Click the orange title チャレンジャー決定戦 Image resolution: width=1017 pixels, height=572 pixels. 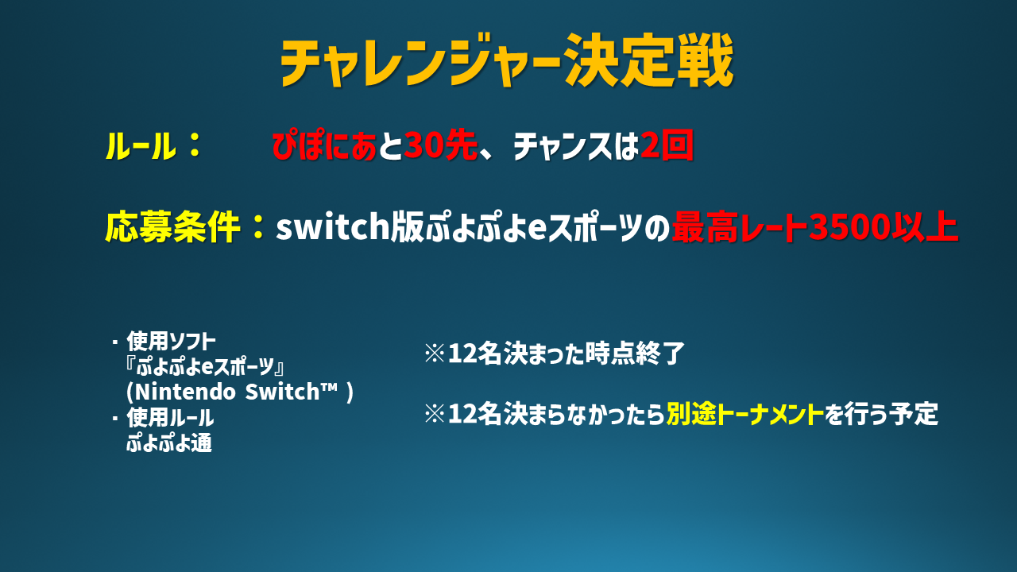pyautogui.click(x=507, y=60)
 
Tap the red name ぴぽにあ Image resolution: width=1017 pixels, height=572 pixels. pyautogui.click(x=324, y=146)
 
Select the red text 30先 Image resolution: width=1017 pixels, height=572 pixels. pyautogui.click(x=440, y=146)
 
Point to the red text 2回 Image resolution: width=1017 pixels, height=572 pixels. pyautogui.click(x=667, y=146)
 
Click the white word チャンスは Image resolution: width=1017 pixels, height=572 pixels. pyautogui.click(x=576, y=146)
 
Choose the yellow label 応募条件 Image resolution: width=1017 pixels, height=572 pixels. pyautogui.click(x=172, y=226)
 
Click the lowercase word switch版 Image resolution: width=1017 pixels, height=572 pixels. pyautogui.click(x=350, y=226)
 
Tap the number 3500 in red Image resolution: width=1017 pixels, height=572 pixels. pyautogui.click(x=849, y=226)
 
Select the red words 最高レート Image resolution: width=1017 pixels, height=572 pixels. pyautogui.click(x=740, y=226)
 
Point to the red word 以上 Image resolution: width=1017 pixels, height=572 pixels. pyautogui.click(x=924, y=226)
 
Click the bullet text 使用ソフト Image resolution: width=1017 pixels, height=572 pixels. pyautogui.click(x=171, y=341)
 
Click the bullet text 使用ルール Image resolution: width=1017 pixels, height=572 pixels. pyautogui.click(x=170, y=418)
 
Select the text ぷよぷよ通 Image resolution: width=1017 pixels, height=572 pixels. pyautogui.click(x=169, y=443)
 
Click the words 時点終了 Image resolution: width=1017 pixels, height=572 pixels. pyautogui.click(x=635, y=354)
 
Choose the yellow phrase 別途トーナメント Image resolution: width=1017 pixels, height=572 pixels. pyautogui.click(x=745, y=414)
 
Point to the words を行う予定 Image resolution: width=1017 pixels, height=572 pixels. pyautogui.click(x=881, y=414)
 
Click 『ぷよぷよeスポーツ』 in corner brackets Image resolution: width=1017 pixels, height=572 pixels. pyautogui.click(x=204, y=366)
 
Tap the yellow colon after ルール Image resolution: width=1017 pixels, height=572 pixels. pyautogui.click(x=195, y=145)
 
